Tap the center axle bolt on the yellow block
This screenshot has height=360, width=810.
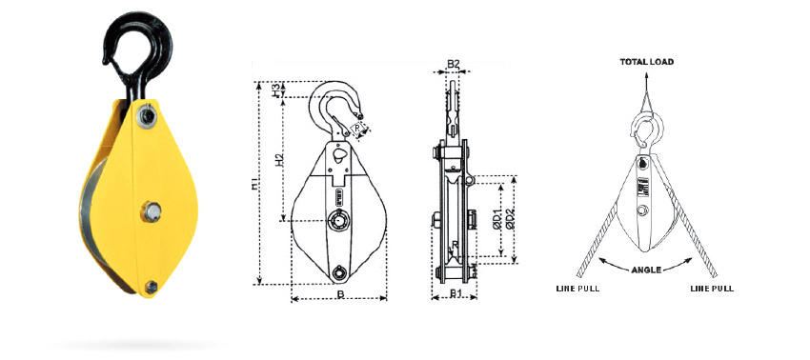151,211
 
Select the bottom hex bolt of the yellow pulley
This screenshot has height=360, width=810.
152,287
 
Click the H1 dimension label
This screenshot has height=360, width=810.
253,184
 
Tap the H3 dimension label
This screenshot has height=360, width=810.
277,89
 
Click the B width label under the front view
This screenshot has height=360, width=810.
339,294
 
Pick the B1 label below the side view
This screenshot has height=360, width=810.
455,293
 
